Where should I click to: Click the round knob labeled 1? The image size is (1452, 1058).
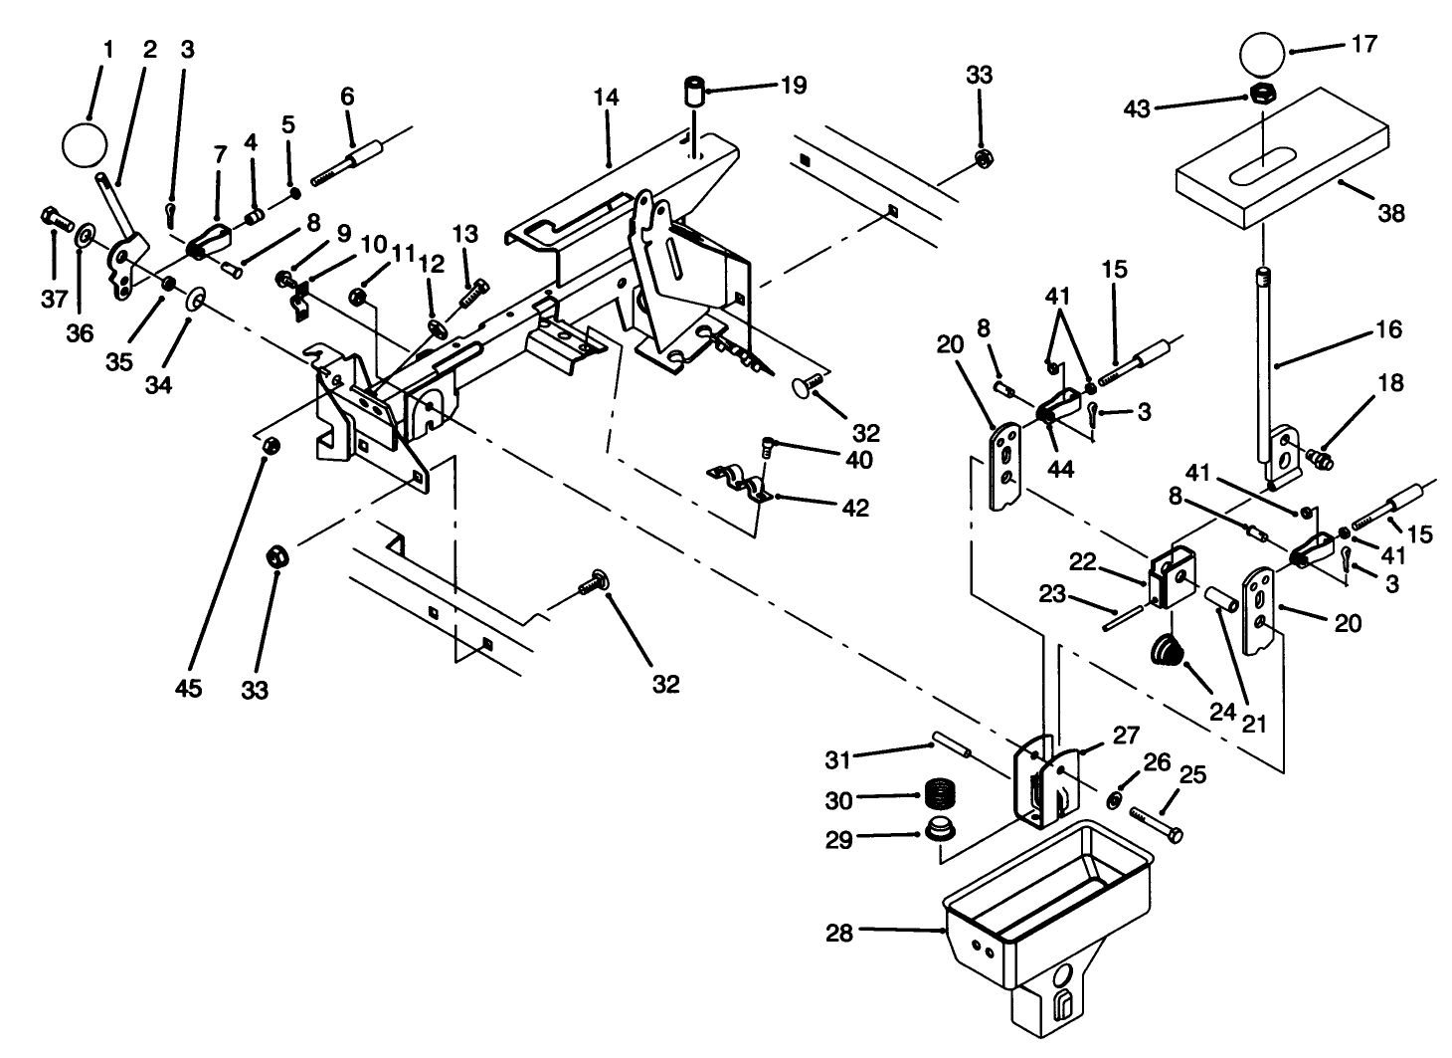[x=84, y=145]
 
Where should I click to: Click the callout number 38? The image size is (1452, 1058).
[x=1390, y=213]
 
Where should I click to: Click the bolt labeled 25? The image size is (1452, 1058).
[x=1154, y=824]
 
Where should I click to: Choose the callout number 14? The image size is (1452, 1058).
[x=607, y=98]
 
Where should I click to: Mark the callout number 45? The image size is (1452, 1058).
[x=188, y=688]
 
